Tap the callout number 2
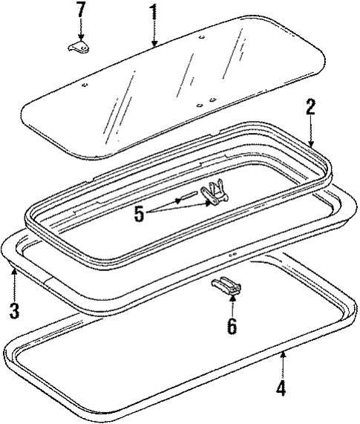(310, 107)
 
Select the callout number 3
(14, 309)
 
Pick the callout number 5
(139, 215)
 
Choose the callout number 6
(232, 326)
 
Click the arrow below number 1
(153, 33)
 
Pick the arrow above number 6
(232, 303)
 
